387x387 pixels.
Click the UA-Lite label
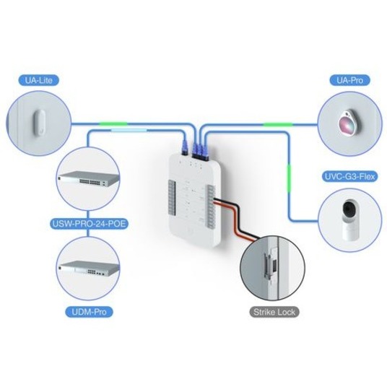[39, 80]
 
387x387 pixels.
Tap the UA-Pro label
[349, 80]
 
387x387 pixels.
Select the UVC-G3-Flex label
[349, 176]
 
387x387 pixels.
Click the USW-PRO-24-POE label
[89, 224]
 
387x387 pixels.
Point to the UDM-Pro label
[89, 312]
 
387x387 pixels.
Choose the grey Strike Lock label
[274, 312]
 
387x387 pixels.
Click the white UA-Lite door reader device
[40, 123]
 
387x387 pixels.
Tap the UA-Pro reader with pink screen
[347, 122]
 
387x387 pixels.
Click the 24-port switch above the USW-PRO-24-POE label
[88, 178]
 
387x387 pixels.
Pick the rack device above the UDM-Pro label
[88, 269]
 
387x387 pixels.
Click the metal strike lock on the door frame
[269, 264]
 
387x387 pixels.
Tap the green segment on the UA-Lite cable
[113, 123]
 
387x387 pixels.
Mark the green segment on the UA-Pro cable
[278, 124]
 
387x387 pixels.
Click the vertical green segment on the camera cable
[289, 178]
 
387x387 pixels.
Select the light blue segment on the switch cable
[129, 130]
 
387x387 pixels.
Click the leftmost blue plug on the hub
[185, 147]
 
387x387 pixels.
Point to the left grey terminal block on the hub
[172, 197]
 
